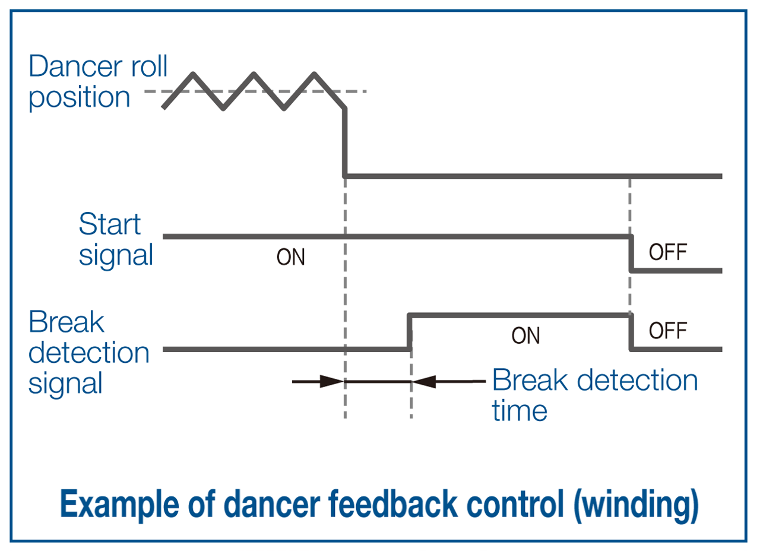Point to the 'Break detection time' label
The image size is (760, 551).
tap(594, 395)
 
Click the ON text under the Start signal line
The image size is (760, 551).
tap(290, 257)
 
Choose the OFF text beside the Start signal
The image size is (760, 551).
tap(668, 252)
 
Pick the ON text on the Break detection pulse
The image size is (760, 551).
tap(525, 336)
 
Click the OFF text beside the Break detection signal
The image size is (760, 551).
tap(668, 331)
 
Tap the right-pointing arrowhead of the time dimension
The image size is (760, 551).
tap(332, 382)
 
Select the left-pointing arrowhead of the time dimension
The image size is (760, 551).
tap(424, 382)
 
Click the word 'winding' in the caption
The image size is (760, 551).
tap(636, 504)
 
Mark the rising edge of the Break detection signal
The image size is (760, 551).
tap(410, 332)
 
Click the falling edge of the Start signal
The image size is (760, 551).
tap(631, 254)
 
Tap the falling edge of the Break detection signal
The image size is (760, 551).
tap(631, 332)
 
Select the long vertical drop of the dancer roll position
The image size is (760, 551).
tap(345, 142)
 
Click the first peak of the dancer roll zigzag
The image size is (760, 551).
tap(193, 74)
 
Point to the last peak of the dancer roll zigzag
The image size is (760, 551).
tap(314, 74)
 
